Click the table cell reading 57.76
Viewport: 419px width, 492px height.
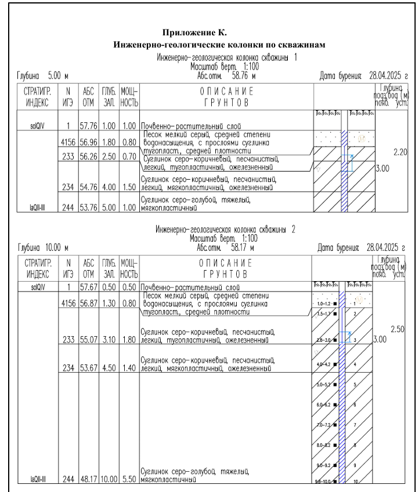click(x=88, y=125)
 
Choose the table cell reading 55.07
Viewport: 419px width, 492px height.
click(x=88, y=340)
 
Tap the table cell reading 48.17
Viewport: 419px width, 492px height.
click(x=88, y=479)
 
